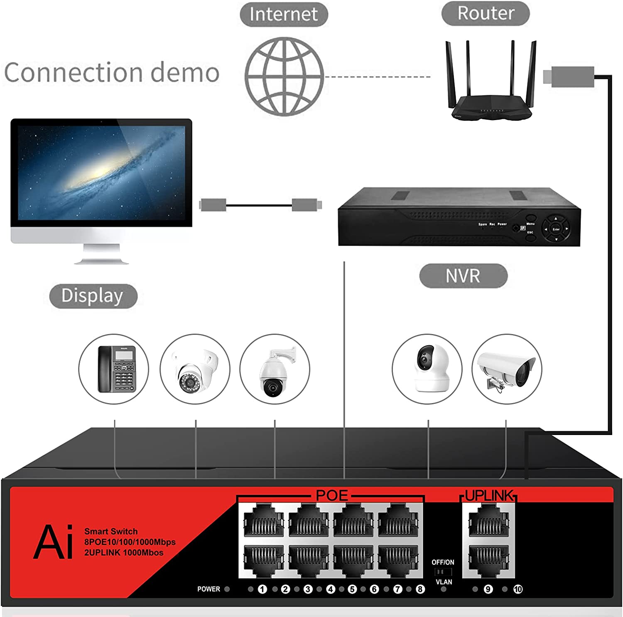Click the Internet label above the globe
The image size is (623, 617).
(284, 14)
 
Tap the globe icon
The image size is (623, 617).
(284, 76)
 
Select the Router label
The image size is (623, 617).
(486, 13)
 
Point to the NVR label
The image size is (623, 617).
(463, 276)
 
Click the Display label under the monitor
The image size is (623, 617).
(93, 296)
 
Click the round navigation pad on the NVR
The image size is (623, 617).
(556, 229)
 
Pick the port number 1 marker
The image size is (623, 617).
(262, 589)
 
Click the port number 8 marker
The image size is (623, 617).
(420, 589)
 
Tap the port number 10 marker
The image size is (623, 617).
(518, 589)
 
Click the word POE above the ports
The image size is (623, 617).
(331, 495)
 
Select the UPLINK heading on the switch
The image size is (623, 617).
(489, 496)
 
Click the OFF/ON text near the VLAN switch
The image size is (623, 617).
(443, 562)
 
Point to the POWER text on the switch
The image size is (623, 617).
(208, 589)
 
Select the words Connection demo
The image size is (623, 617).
(112, 72)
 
